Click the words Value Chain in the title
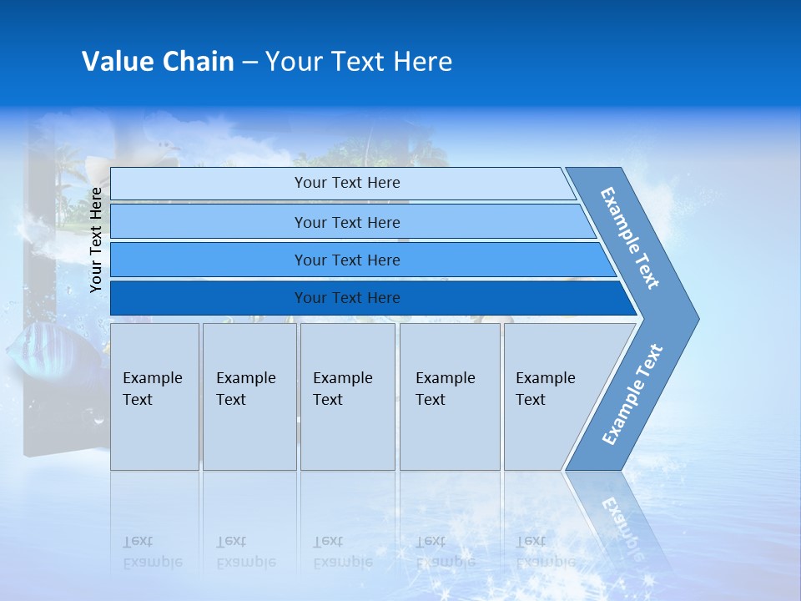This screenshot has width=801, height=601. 157,62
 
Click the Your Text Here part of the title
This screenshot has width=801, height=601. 359,62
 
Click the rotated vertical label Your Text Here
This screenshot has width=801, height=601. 96,240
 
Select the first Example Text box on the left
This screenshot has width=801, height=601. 154,396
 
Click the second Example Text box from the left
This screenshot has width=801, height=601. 249,396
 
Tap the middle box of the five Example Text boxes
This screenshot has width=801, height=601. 347,396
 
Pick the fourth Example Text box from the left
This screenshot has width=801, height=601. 449,396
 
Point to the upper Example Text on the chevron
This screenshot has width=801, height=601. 630,238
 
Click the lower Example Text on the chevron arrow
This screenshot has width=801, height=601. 632,395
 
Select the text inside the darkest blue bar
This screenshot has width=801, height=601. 347,298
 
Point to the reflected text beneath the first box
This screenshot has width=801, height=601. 154,552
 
